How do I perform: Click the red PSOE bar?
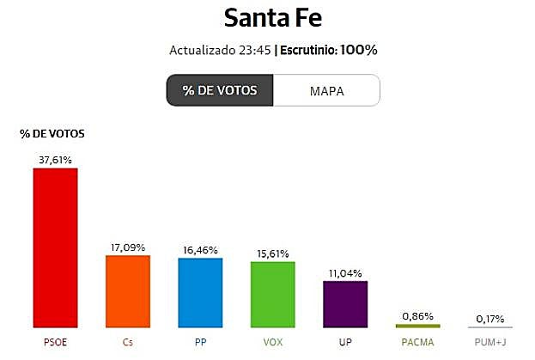55,247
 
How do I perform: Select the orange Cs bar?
128,291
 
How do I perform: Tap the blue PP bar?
200,292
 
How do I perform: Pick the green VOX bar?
272,294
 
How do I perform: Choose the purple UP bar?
345,304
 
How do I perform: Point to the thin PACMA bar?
417,326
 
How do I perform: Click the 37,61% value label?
55,160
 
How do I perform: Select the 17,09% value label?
128,247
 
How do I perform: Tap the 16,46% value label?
200,250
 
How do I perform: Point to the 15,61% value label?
272,253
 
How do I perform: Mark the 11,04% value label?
345,272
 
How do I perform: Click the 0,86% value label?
417,315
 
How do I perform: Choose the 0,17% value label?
490,318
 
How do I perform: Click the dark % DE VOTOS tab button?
220,90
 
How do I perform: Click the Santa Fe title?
267,17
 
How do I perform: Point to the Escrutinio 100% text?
326,50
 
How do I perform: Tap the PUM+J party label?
490,342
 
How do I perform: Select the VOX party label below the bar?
272,342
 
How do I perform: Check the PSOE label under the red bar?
55,342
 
